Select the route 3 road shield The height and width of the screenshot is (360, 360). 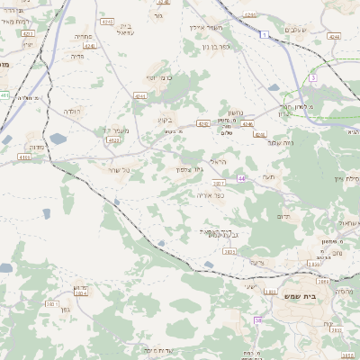click(x=312, y=78)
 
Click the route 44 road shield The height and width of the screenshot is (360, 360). click(x=241, y=179)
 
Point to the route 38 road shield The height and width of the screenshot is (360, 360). click(x=257, y=320)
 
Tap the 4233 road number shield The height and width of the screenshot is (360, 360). click(x=113, y=140)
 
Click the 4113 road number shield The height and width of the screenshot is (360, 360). click(x=23, y=157)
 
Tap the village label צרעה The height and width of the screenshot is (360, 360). click(x=256, y=261)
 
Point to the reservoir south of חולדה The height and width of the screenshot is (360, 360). click(x=58, y=139)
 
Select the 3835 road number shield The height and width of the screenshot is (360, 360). click(x=229, y=253)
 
